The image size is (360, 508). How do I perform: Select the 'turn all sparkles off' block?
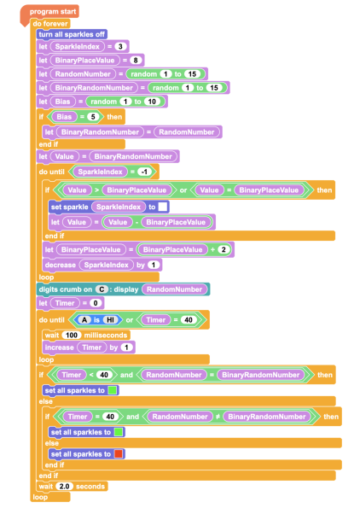point(72,34)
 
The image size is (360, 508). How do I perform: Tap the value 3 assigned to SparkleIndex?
point(120,47)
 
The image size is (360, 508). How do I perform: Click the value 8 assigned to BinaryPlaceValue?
point(136,61)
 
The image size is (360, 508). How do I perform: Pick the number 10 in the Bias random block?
point(152,102)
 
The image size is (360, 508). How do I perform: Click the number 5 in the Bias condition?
point(93,117)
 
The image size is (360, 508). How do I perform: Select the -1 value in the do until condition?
point(144,172)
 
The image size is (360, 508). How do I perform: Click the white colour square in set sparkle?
point(163,207)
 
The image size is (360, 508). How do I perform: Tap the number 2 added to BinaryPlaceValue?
point(224,249)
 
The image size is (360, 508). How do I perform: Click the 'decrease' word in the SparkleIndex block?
point(61,265)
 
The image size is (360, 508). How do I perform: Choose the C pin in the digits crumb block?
point(102,289)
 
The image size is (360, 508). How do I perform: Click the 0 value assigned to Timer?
point(96,303)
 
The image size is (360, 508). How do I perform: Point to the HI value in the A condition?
point(110,320)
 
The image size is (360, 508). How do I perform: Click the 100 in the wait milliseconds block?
point(72,335)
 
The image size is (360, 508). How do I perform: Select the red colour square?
point(119,454)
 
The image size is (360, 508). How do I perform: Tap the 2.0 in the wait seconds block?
point(64,487)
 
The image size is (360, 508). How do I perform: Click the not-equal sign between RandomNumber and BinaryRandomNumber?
point(218,417)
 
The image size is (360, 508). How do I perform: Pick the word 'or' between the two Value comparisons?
point(183,190)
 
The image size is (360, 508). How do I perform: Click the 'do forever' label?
point(50,24)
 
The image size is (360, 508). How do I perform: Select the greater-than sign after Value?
point(96,190)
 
